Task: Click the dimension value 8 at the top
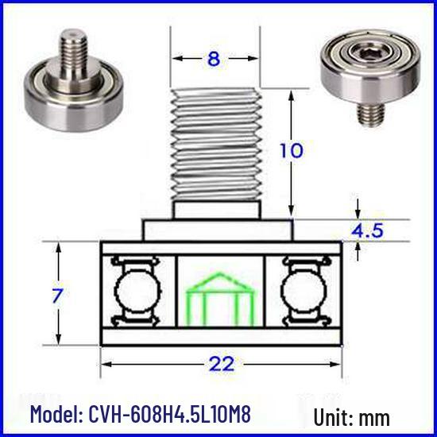point(214,59)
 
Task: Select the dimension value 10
point(291,150)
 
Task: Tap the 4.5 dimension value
point(367,230)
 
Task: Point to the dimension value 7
point(58,295)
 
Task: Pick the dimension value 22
point(222,364)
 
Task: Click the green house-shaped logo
point(220,299)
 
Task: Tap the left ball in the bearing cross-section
point(138,291)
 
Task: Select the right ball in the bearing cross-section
point(304,291)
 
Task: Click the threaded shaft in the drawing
point(216,145)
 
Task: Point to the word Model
point(56,414)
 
